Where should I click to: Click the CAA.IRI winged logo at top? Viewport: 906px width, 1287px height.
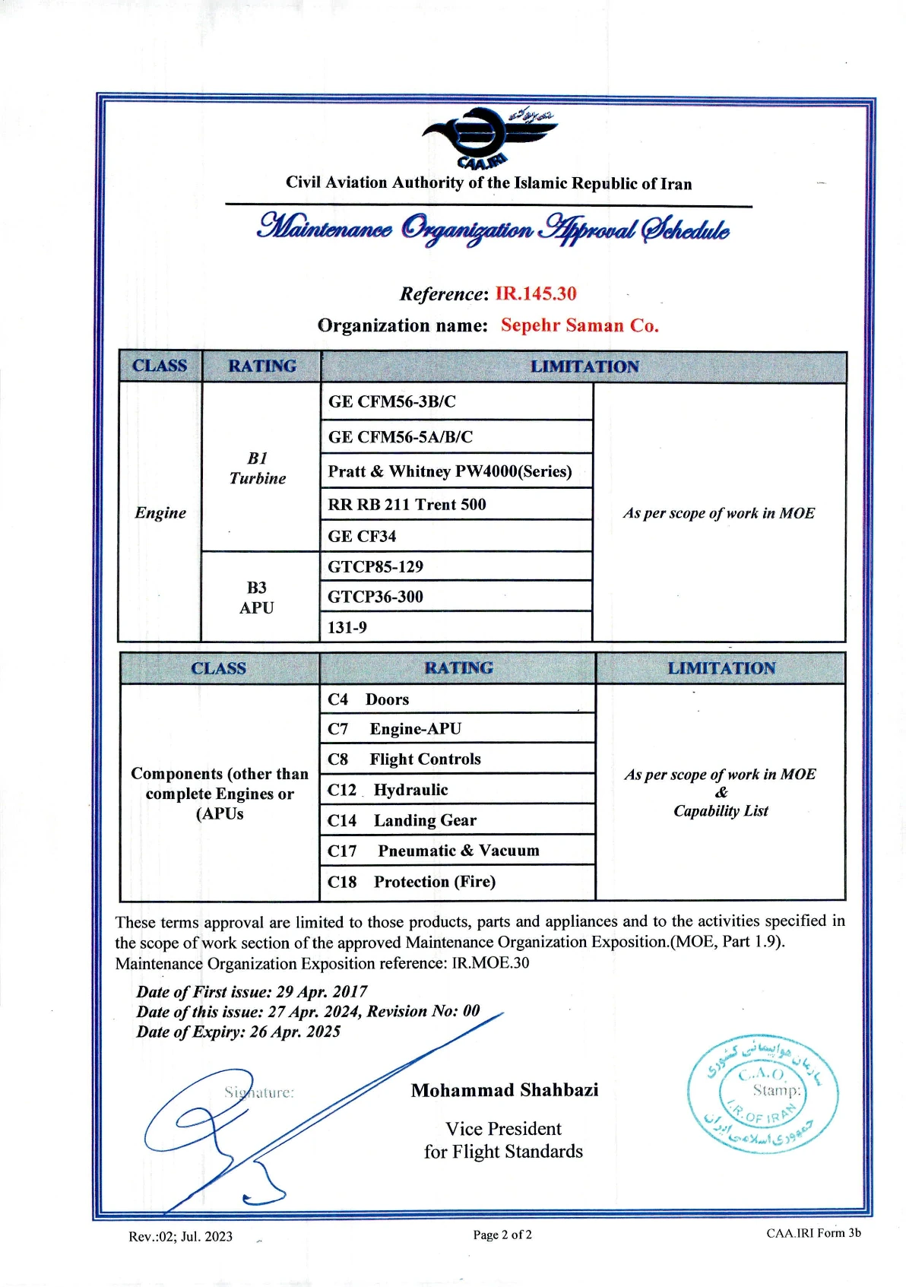(x=489, y=139)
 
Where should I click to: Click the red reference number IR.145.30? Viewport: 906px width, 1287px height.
(x=536, y=294)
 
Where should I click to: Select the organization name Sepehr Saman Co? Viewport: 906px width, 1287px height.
(x=579, y=325)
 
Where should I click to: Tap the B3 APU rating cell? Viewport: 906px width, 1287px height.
(x=257, y=598)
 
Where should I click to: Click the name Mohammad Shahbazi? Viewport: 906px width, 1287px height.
(x=505, y=1091)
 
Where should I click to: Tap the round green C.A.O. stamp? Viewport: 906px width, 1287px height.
(x=763, y=1094)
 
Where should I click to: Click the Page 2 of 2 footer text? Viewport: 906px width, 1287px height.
(x=502, y=1235)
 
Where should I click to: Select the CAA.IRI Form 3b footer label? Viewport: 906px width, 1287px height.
(x=813, y=1233)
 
